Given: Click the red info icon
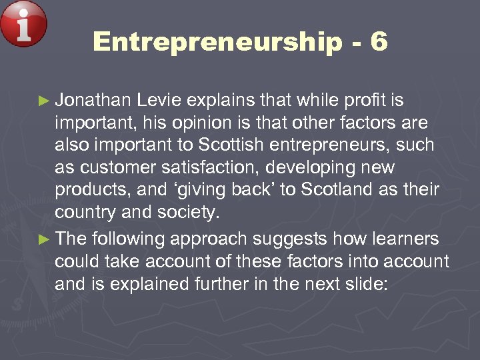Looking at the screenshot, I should tap(24, 24).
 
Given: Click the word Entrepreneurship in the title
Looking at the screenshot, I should tap(217, 42).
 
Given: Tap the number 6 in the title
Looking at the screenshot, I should tap(378, 42).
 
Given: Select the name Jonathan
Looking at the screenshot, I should tap(93, 101).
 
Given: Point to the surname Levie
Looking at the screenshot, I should tap(159, 101).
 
